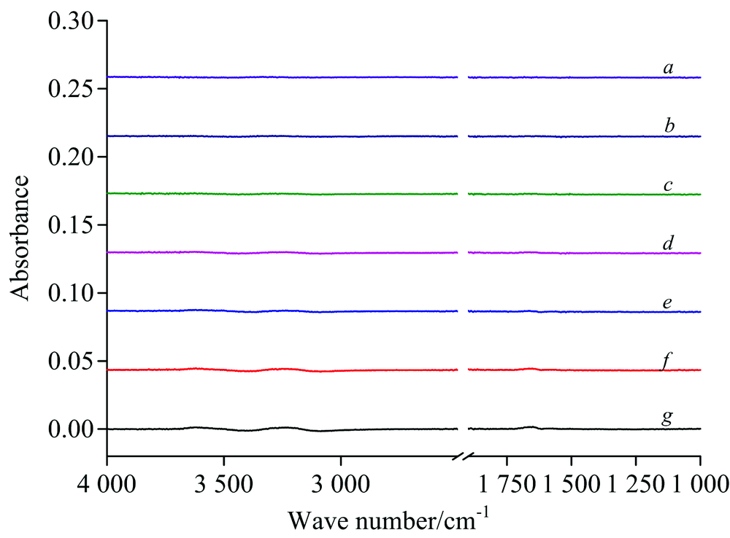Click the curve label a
click(x=668, y=69)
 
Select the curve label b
click(x=669, y=127)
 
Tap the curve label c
click(x=668, y=186)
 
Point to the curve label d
click(x=668, y=243)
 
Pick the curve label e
click(x=668, y=303)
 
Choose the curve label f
click(x=667, y=361)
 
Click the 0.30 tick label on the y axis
click(x=71, y=21)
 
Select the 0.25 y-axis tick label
click(x=71, y=89)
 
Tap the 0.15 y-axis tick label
click(x=71, y=225)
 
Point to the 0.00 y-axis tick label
click(x=71, y=429)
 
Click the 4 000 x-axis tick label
click(x=107, y=483)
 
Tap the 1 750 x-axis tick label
click(x=506, y=483)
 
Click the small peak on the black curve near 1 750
click(x=531, y=426)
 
